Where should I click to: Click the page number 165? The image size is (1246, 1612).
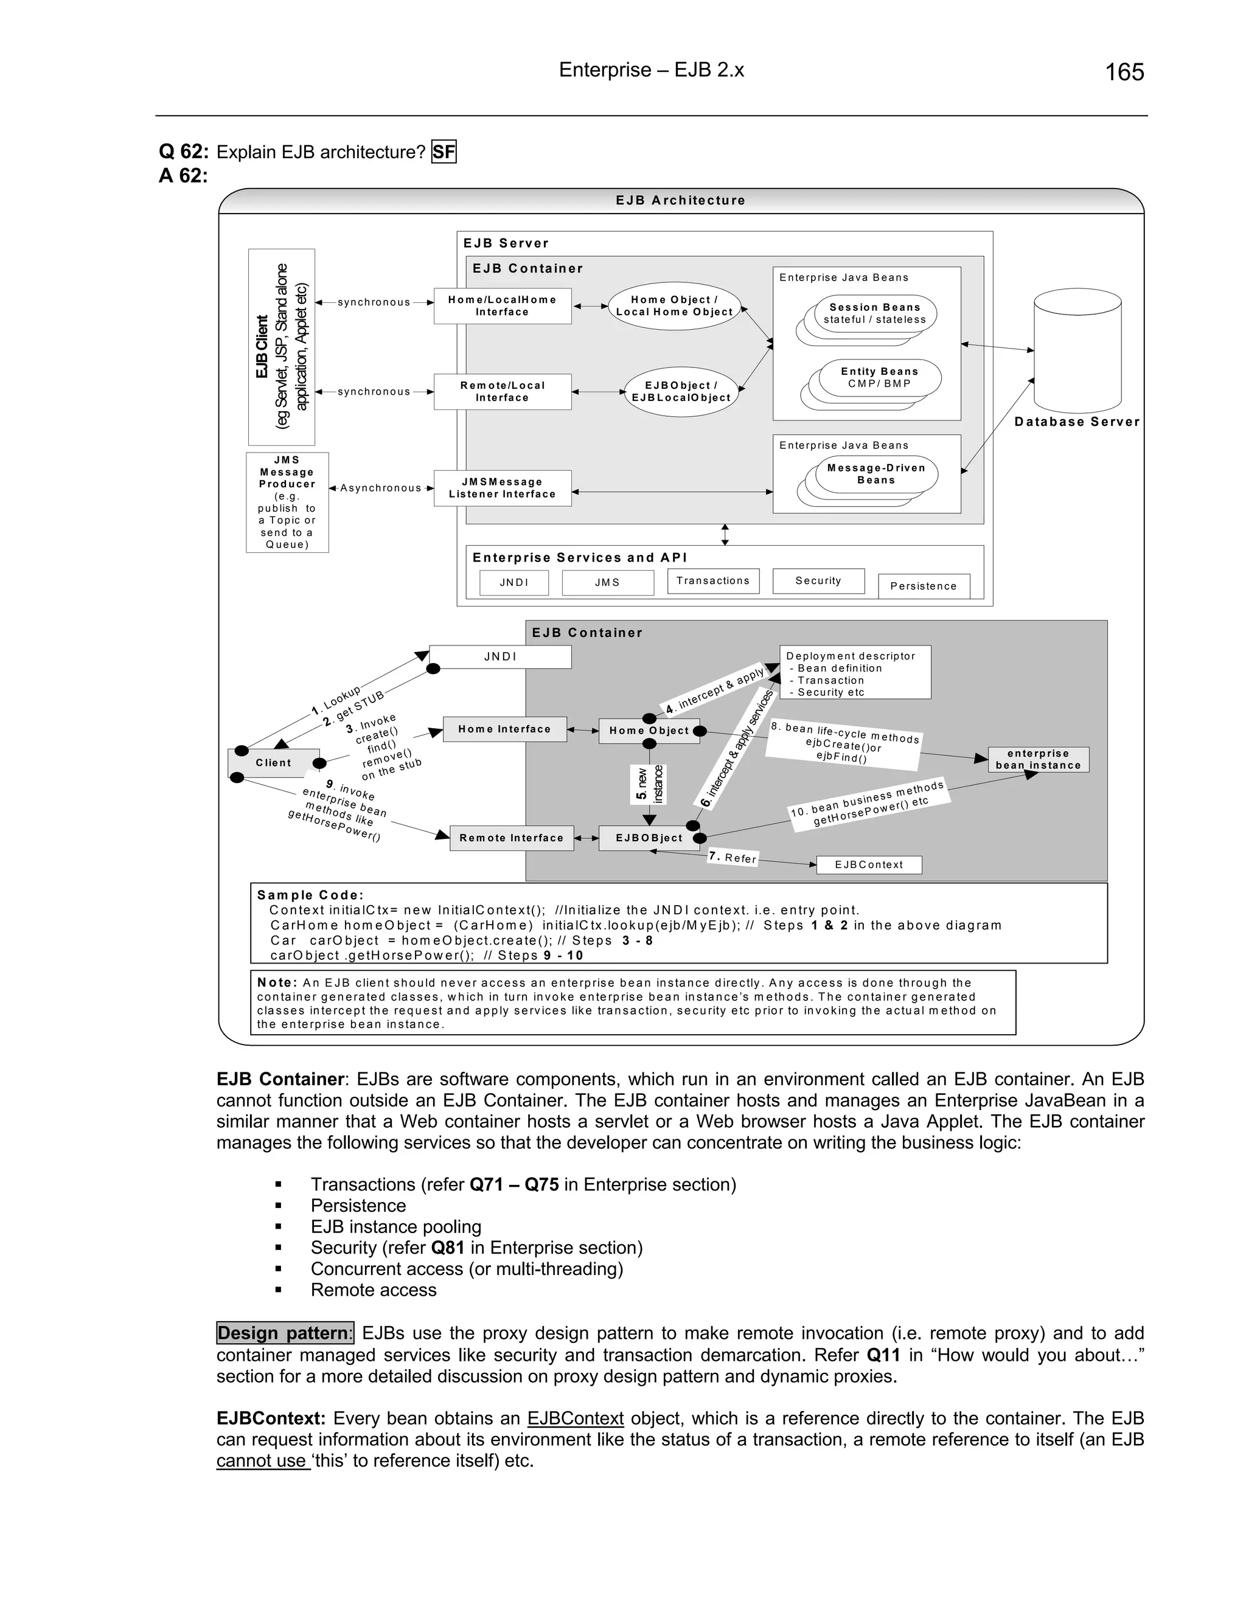(1124, 72)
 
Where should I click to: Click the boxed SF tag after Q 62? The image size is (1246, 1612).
(444, 152)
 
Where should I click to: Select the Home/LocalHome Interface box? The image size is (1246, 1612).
(502, 305)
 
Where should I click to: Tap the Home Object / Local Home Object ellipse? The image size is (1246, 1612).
(674, 305)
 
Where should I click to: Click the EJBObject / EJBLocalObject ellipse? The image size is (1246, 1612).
(681, 392)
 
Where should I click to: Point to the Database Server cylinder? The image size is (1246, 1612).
(1077, 350)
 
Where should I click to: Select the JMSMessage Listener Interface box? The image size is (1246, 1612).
(502, 488)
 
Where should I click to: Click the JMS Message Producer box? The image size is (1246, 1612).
(287, 502)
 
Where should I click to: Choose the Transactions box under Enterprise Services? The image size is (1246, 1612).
(712, 581)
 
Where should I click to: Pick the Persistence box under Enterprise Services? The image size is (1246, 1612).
(924, 586)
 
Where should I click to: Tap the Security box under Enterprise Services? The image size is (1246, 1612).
(818, 581)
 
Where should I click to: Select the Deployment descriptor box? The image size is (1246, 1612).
(855, 672)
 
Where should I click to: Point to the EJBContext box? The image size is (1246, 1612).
(869, 865)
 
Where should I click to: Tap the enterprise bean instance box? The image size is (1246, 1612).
(1038, 760)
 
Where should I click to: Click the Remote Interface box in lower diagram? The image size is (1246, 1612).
(511, 838)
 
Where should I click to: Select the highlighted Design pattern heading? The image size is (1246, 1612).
(285, 1333)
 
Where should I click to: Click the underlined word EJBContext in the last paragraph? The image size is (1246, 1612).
(575, 1419)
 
